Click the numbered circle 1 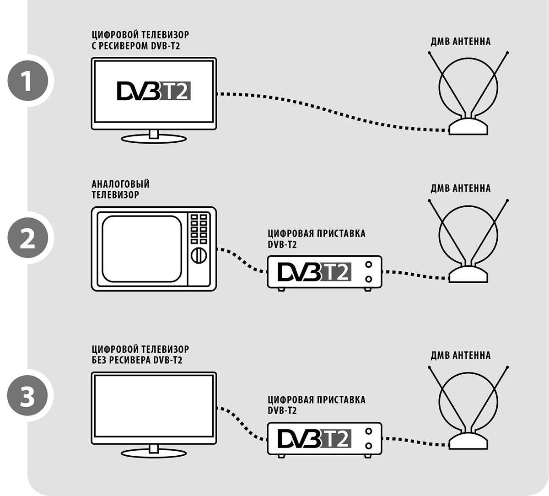(27, 81)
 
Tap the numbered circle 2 (27, 238)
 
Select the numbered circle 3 (27, 396)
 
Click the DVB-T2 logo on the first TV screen (153, 91)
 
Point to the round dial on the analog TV (199, 255)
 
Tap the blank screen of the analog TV (142, 248)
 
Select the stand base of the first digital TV (153, 138)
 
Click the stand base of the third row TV (153, 452)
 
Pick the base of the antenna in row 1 (468, 126)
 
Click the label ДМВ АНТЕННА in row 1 (460, 42)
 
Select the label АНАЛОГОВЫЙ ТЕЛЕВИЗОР (120, 189)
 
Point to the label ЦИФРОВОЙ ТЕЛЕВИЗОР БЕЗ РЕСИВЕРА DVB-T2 (140, 355)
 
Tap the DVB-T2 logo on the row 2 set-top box (314, 271)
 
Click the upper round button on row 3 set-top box (369, 431)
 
